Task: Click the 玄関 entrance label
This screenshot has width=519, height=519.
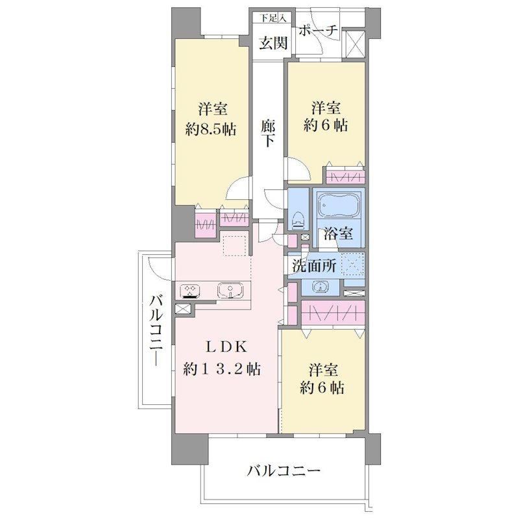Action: (x=273, y=43)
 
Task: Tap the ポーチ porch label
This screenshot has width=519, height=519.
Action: (x=318, y=30)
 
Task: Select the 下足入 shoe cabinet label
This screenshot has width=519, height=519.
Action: (x=272, y=18)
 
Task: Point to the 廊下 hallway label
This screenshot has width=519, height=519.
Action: (x=268, y=133)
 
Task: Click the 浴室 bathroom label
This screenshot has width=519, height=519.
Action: (x=338, y=234)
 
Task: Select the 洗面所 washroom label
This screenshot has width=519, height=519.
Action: (x=314, y=266)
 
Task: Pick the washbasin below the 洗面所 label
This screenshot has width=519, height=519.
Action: (x=320, y=287)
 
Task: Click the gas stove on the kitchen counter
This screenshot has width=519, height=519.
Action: (x=190, y=291)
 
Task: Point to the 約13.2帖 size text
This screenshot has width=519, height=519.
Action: (x=222, y=368)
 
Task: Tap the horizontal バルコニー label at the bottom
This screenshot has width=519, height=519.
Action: (x=284, y=470)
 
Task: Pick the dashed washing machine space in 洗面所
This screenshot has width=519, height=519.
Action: (x=353, y=265)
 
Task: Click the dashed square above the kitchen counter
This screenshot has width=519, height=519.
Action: (x=235, y=245)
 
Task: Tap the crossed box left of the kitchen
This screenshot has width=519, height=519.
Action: (x=183, y=309)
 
